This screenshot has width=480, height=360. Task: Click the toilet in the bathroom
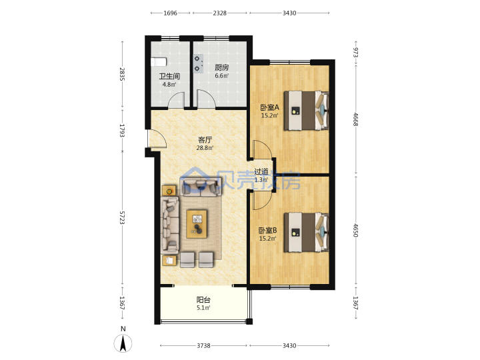(x=159, y=62)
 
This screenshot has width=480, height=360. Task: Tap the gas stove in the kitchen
(x=199, y=64)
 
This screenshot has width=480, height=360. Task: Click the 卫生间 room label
(x=169, y=76)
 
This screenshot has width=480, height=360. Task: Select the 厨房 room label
(x=221, y=67)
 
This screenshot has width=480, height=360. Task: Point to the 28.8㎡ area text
(x=205, y=148)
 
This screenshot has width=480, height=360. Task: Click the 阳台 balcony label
(x=203, y=300)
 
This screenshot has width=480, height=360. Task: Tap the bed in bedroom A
(x=307, y=111)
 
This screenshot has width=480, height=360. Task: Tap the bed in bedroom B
(x=307, y=233)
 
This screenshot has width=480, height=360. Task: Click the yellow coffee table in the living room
(x=197, y=224)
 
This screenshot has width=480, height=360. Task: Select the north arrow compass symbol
(x=123, y=343)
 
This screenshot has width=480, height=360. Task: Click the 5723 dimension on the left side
(x=122, y=217)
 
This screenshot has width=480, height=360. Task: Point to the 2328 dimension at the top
(x=220, y=13)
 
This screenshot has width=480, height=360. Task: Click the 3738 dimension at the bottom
(x=203, y=345)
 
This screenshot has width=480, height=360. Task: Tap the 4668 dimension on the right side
(x=355, y=119)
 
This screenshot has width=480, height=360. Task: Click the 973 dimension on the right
(x=355, y=52)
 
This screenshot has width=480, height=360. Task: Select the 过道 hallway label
(x=261, y=172)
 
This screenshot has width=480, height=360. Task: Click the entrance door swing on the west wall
(x=157, y=139)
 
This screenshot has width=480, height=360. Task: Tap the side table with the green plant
(x=169, y=191)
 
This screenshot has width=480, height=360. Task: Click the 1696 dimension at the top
(x=170, y=13)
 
